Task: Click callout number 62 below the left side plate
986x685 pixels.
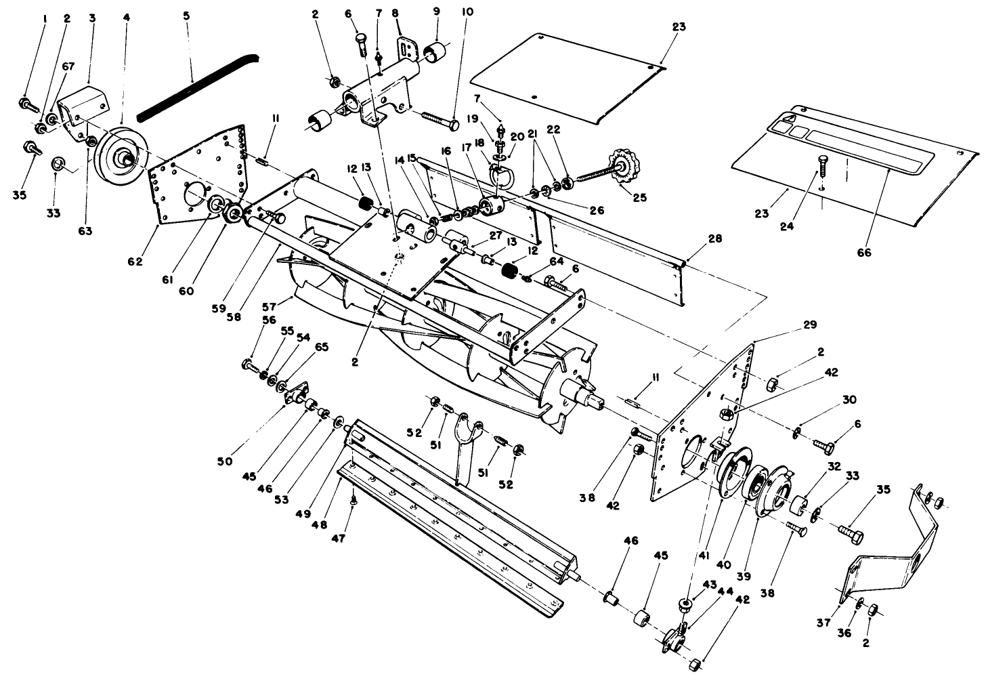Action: (x=136, y=261)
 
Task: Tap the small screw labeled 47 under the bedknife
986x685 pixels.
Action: (x=353, y=501)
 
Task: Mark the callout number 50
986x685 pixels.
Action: (x=225, y=461)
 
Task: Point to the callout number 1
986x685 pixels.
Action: (x=45, y=20)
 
